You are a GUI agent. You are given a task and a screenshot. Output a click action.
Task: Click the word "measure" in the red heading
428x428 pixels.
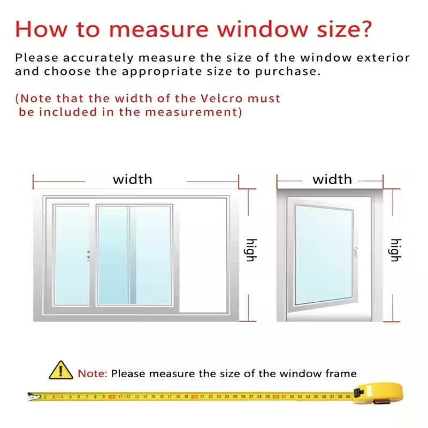(159, 29)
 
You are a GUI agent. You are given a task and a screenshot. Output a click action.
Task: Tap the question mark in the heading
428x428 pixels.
(364, 28)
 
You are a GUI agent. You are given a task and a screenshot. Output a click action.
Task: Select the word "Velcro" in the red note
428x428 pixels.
(221, 98)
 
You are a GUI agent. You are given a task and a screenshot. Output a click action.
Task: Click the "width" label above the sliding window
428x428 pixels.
(133, 179)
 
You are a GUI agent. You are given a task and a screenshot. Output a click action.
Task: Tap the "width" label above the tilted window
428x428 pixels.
(332, 179)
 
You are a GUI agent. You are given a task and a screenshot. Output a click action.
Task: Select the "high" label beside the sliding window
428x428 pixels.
(251, 250)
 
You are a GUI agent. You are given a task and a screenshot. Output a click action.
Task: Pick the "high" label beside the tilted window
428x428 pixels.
(395, 250)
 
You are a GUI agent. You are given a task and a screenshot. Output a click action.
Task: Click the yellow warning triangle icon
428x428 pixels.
(61, 370)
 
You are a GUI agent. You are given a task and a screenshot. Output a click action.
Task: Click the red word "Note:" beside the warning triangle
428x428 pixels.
(93, 373)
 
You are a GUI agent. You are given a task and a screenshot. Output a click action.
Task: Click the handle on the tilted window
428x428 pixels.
(356, 251)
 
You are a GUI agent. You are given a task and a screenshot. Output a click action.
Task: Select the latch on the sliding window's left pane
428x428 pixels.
(88, 256)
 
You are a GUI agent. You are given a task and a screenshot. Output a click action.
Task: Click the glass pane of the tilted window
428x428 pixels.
(324, 255)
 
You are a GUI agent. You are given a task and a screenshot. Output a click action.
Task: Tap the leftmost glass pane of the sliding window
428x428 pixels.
(72, 255)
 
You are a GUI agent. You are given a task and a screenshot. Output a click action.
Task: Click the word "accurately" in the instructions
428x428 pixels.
(98, 58)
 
